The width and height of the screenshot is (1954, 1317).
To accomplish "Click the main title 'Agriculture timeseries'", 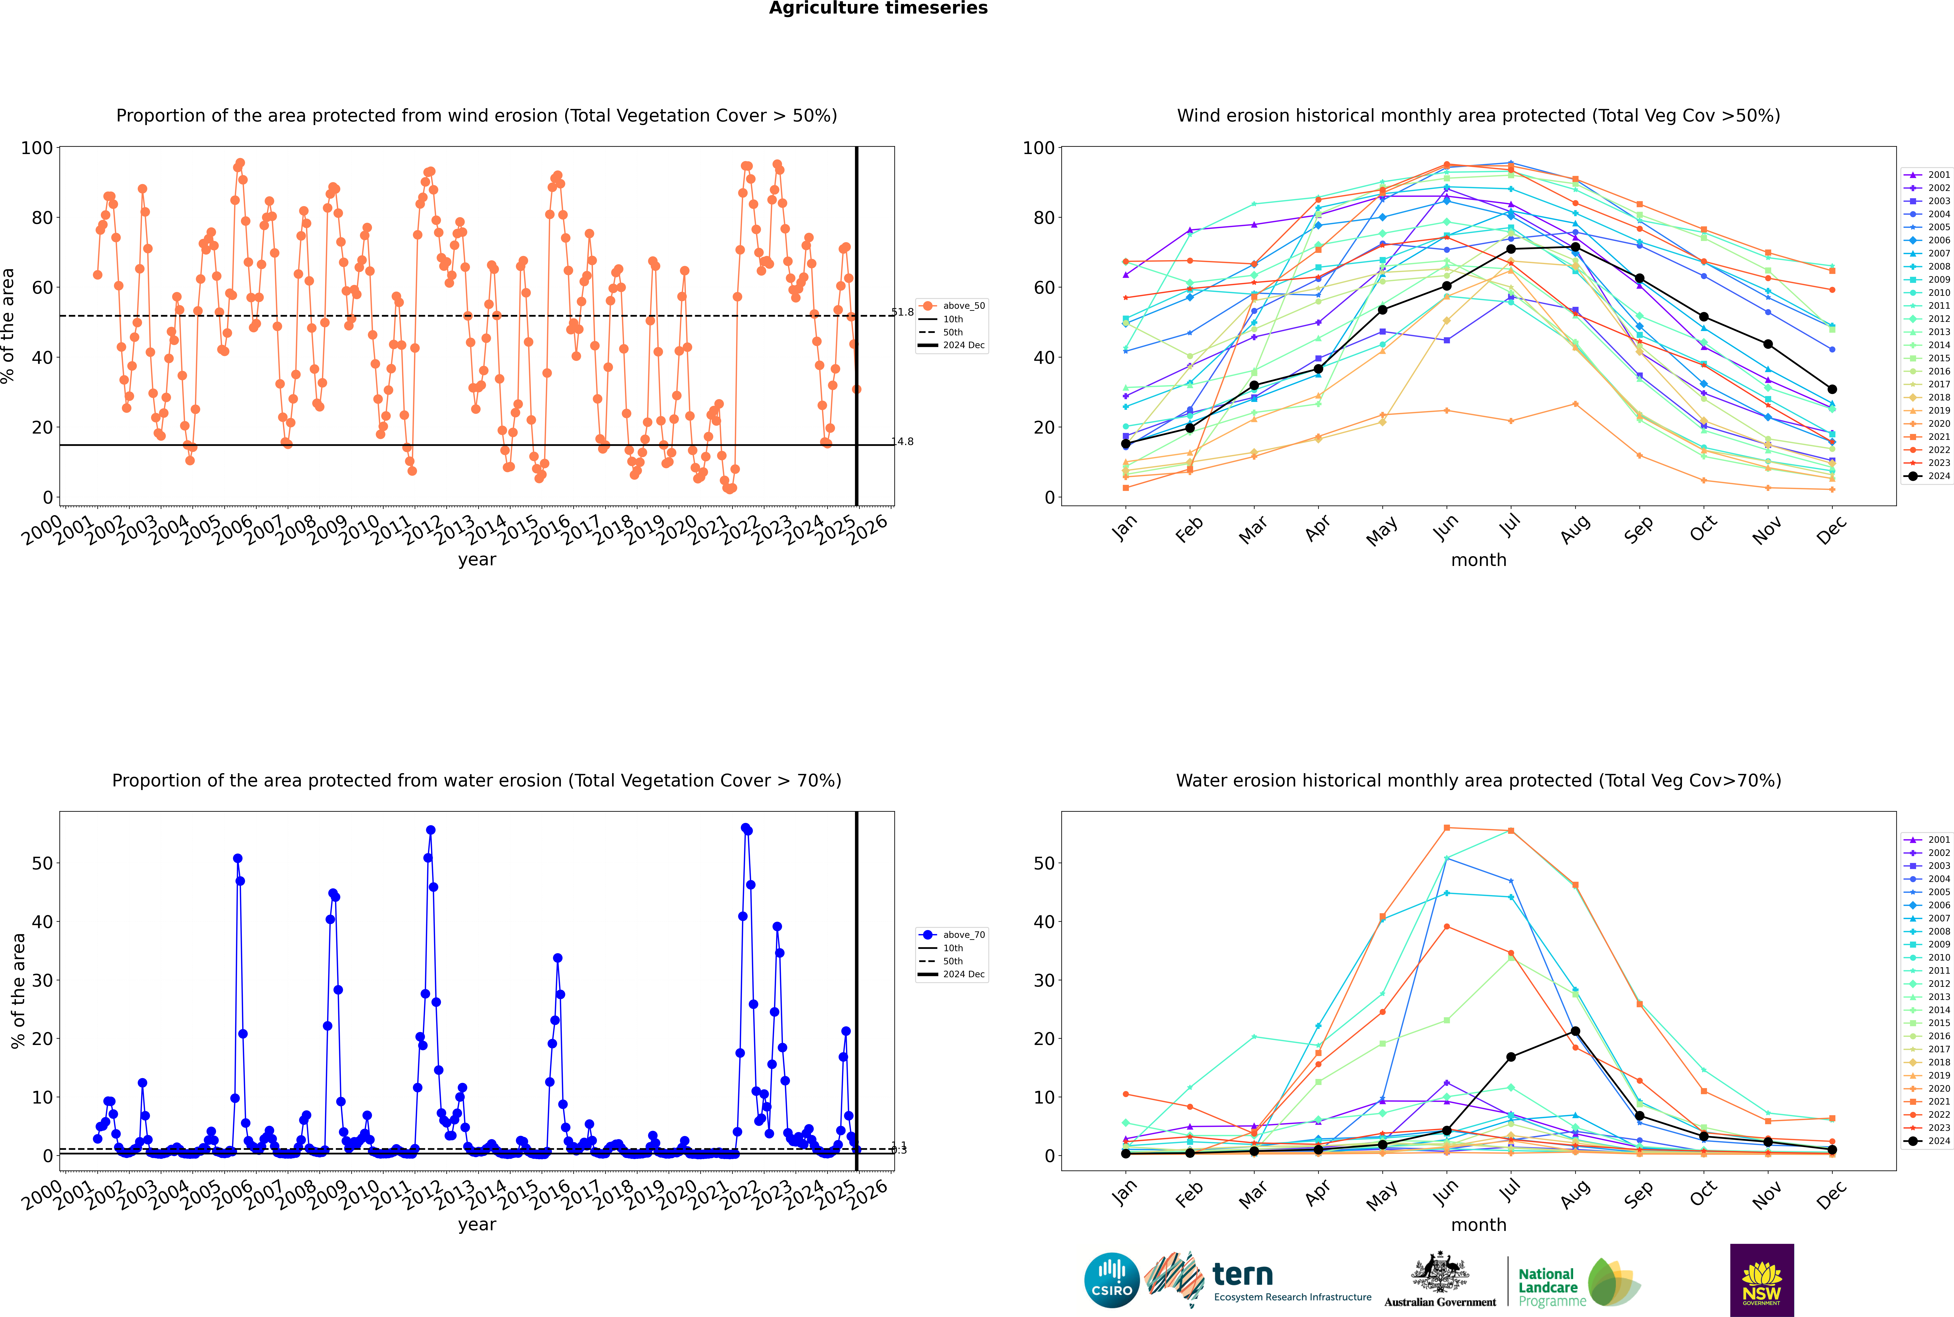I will pos(878,8).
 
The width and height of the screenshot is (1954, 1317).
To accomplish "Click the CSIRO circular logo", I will pos(1111,1280).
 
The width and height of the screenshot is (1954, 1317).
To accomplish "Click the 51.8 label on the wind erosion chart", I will pos(902,312).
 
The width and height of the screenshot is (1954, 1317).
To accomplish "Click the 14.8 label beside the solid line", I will pos(902,442).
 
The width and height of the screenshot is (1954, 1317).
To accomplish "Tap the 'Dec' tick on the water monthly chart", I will pos(1831,1193).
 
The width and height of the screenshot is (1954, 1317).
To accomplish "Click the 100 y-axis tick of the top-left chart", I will pos(37,148).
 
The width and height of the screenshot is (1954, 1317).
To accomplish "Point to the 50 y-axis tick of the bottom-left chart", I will pos(42,863).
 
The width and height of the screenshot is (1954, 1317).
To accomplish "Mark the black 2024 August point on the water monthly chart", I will pos(1575,1031).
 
